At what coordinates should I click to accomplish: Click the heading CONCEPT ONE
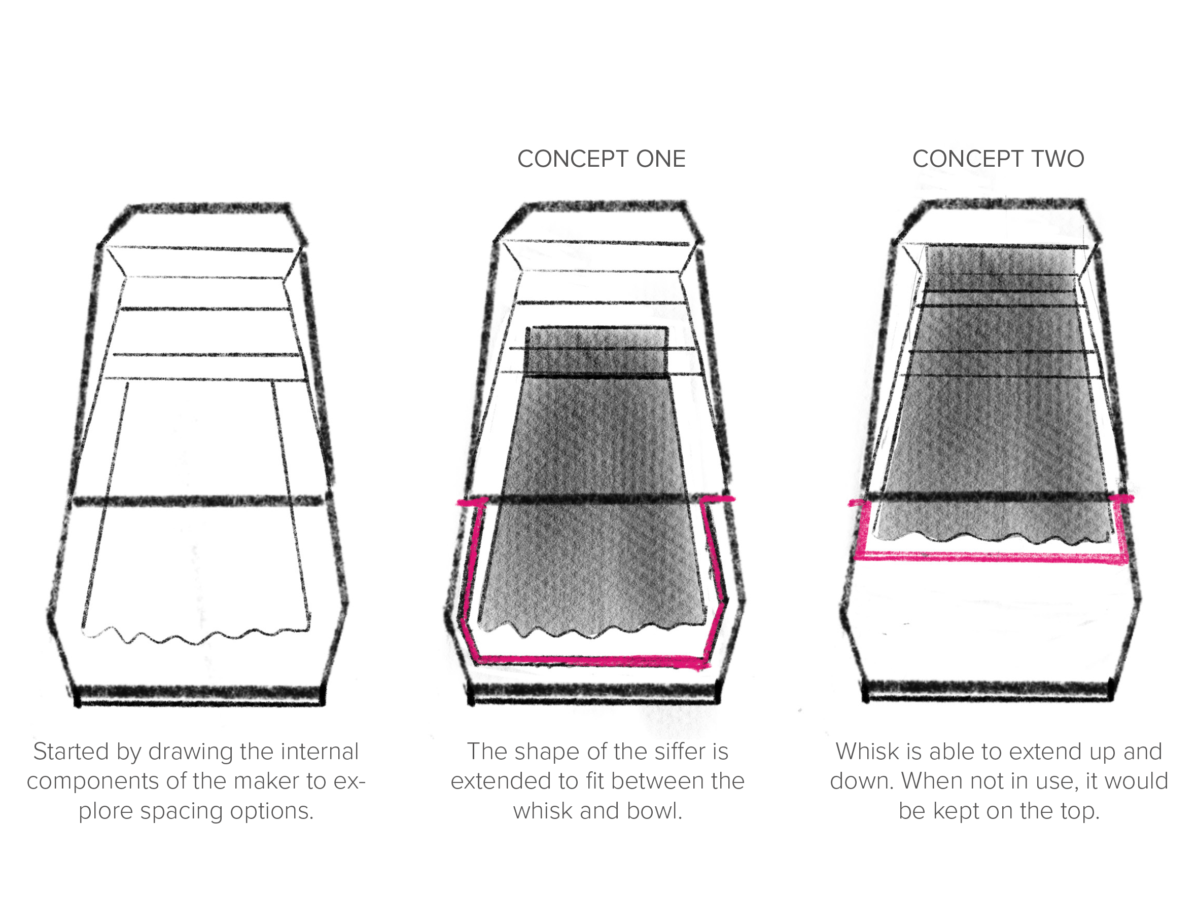coord(601,159)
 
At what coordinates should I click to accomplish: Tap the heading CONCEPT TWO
coord(998,159)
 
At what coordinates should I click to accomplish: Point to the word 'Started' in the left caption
coord(72,752)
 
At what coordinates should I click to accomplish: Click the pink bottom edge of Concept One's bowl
coord(590,660)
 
